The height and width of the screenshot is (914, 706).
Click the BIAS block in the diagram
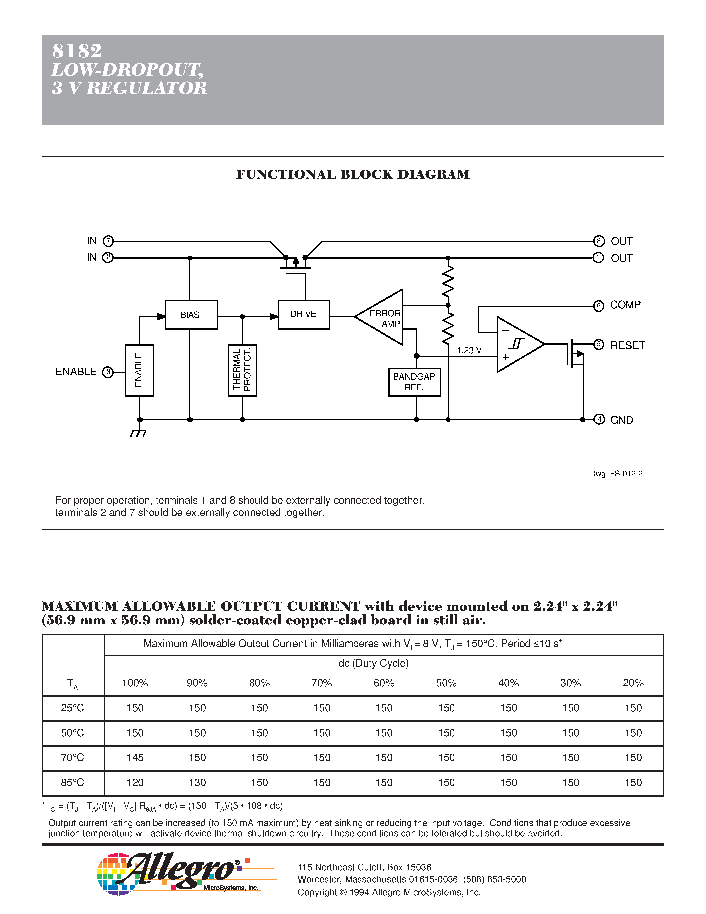[191, 315]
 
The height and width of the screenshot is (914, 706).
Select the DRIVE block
[303, 314]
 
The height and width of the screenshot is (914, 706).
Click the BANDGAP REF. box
[414, 382]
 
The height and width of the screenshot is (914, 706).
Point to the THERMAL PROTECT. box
[242, 370]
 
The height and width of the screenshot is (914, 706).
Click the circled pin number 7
[108, 241]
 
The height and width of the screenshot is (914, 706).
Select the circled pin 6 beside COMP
[598, 306]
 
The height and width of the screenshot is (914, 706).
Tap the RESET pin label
[627, 345]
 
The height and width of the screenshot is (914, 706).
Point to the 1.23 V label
[469, 350]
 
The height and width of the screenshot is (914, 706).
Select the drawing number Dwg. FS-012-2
[616, 473]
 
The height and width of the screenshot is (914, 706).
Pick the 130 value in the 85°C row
[197, 783]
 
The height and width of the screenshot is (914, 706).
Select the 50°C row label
[72, 733]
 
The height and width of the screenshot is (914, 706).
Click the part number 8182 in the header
[77, 51]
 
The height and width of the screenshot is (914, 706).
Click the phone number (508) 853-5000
[494, 879]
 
